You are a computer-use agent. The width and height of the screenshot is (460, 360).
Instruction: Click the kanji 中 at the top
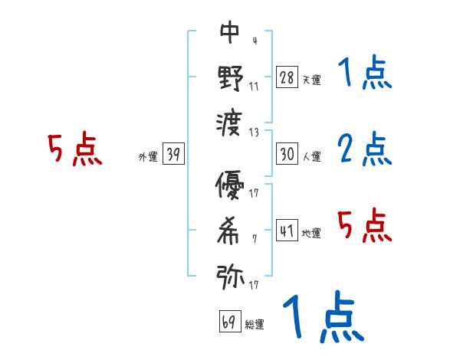click(229, 32)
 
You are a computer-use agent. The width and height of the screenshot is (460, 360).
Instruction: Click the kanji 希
click(230, 231)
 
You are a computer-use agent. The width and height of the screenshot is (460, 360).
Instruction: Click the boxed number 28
click(287, 77)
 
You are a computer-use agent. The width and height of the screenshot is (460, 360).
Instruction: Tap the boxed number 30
click(287, 153)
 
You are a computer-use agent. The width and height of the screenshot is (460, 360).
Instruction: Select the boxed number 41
click(287, 230)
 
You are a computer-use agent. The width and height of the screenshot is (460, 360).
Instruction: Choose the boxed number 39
click(173, 154)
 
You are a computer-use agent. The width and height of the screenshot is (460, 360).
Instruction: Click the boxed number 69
click(229, 321)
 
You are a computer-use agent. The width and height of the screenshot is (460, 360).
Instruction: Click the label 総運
click(254, 325)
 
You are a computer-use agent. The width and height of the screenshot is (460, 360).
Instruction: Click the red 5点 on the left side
click(75, 150)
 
